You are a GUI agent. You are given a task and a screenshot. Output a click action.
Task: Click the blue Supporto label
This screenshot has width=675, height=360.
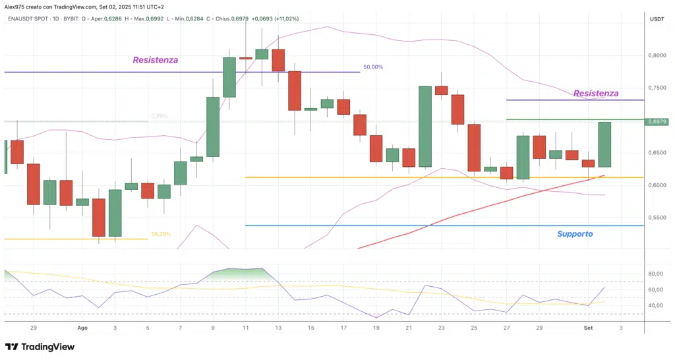[575, 234]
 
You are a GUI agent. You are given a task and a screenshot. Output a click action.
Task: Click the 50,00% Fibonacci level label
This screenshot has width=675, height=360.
[372, 67]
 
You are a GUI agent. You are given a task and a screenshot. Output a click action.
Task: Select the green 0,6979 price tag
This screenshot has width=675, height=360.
[658, 121]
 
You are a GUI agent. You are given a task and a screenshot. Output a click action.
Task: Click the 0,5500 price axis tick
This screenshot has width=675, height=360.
[658, 218]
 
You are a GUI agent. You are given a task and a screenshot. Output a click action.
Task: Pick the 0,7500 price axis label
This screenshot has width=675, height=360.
[658, 88]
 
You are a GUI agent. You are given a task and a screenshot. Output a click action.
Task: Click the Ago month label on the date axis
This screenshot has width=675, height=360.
[82, 327]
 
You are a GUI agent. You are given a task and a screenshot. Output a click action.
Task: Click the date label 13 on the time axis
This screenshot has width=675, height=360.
[278, 327]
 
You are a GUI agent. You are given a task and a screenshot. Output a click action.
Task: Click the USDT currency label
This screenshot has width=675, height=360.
[657, 19]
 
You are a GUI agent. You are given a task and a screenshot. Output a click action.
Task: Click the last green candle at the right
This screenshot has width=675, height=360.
[604, 144]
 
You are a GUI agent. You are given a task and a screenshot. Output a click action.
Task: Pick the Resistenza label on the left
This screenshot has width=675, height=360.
[156, 60]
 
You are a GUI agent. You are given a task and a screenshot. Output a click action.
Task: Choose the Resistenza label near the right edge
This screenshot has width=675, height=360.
[596, 94]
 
